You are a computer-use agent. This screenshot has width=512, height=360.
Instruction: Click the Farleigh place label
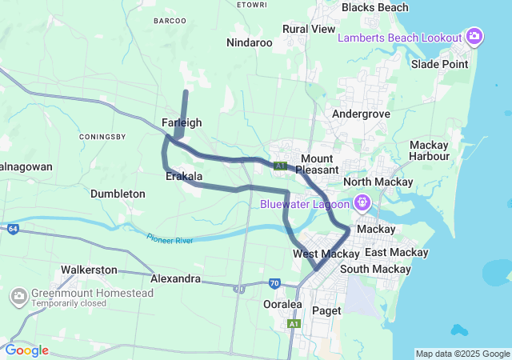click(182, 122)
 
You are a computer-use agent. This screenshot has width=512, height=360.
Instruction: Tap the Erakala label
click(184, 176)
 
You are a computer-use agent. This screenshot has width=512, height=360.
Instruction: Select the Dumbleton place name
click(118, 194)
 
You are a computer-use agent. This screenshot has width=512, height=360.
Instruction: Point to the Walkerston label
click(89, 270)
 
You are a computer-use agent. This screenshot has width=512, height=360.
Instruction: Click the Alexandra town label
click(175, 278)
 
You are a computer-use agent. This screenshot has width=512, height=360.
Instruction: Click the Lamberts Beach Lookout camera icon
click(474, 36)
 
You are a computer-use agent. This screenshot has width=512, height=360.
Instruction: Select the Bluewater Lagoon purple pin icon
click(362, 202)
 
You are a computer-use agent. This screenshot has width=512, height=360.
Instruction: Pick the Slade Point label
click(439, 64)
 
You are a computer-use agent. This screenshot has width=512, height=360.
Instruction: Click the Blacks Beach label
click(374, 7)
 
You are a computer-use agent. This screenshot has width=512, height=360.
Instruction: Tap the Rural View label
click(309, 29)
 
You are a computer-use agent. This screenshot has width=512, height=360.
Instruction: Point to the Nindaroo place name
click(250, 42)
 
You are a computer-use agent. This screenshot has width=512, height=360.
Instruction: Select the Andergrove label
click(361, 114)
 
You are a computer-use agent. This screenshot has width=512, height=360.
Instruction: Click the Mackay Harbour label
click(429, 150)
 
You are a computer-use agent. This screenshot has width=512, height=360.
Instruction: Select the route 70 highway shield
click(274, 283)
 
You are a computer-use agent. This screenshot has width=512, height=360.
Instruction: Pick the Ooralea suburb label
click(282, 304)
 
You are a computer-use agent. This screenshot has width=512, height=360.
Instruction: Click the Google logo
click(26, 350)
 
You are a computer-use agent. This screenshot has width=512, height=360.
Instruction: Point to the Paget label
click(326, 310)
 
